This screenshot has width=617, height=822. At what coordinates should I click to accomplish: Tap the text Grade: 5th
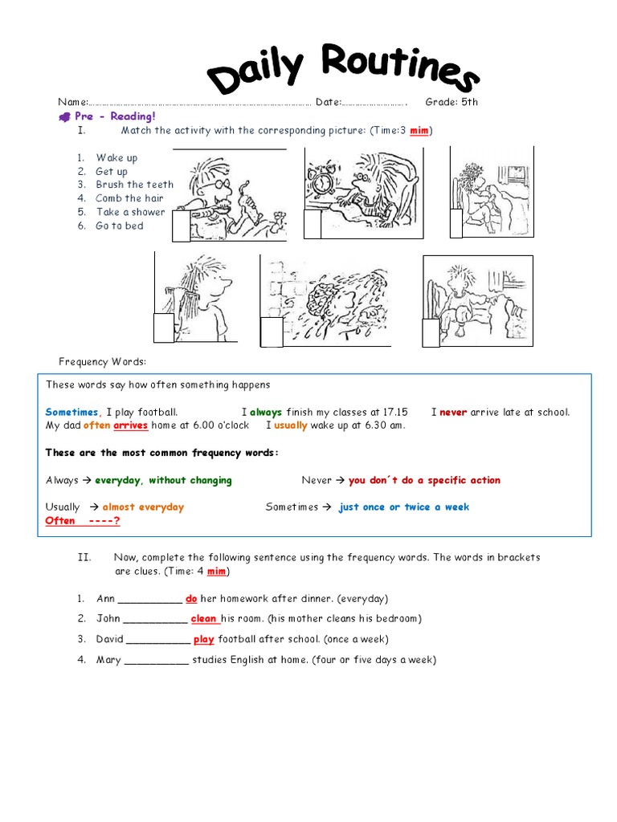[452, 102]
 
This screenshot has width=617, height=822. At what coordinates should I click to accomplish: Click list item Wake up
[116, 157]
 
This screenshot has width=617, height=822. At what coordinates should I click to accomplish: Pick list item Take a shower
[130, 212]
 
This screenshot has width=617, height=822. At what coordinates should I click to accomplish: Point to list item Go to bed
[119, 226]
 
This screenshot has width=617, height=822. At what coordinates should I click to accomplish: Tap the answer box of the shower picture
[272, 332]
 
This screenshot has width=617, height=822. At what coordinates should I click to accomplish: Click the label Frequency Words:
[102, 361]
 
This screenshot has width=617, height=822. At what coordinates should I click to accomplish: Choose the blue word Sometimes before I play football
[72, 412]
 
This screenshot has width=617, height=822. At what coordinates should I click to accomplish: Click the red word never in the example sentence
[453, 412]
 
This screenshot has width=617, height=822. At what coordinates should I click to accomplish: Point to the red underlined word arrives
[130, 425]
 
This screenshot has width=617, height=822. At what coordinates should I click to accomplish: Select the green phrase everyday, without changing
[163, 480]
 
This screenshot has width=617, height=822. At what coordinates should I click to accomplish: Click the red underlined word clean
[204, 618]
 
